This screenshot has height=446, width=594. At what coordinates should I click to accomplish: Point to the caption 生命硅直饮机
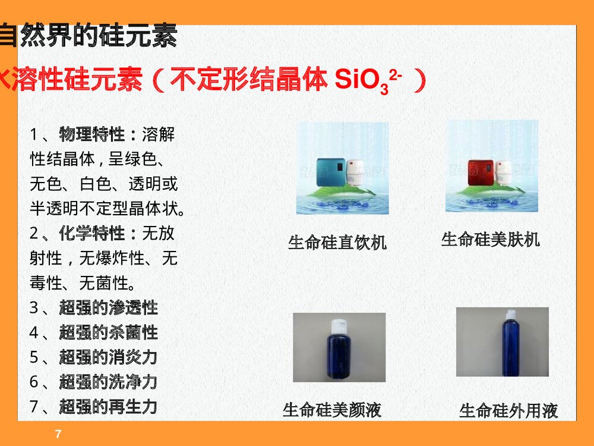pos(337,243)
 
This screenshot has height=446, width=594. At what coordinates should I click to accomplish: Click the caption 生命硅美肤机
pos(490,240)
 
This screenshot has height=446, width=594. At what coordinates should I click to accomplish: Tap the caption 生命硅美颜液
pos(331,410)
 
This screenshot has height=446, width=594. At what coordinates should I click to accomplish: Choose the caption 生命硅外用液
pos(508,410)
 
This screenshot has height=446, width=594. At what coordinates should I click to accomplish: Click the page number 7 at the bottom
pos(58,434)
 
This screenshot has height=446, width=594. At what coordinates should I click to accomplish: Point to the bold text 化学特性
pos(92,233)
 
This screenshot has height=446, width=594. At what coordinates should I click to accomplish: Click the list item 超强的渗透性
pos(108,307)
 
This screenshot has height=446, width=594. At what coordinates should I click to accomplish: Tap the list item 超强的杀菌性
pos(108,332)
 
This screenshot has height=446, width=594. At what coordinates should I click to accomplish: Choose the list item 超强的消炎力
pos(108,357)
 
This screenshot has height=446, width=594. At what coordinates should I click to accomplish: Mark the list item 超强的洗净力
pos(108,382)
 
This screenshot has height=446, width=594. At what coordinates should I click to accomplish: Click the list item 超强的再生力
pos(108,407)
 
